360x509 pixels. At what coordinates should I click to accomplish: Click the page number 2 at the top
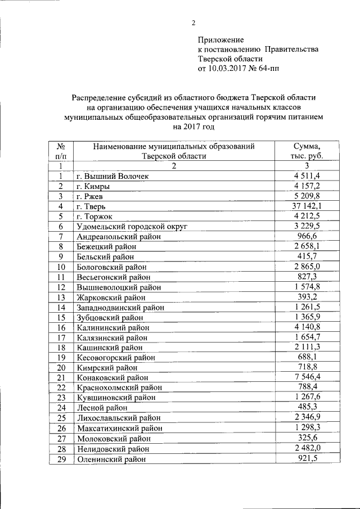(x=193, y=23)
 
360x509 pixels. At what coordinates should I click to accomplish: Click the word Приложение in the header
(x=220, y=40)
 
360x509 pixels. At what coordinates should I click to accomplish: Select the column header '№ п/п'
(x=61, y=151)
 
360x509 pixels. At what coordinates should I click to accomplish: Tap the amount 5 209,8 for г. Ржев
(x=307, y=196)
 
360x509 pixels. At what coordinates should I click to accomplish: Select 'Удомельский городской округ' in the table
(x=132, y=227)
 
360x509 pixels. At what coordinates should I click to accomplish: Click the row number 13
(x=61, y=298)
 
